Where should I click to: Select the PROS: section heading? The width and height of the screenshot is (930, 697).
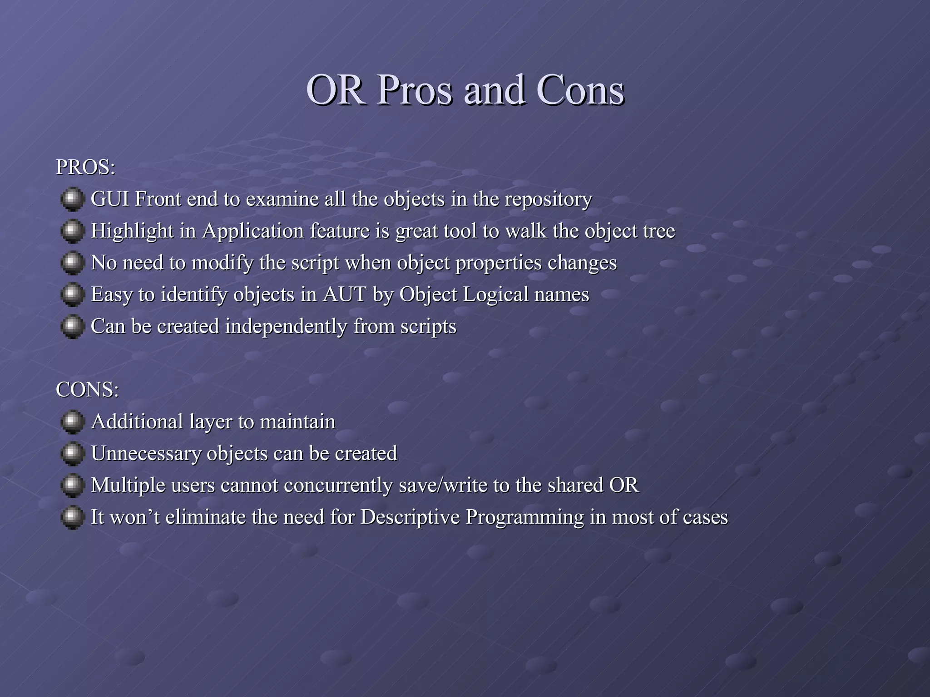pos(85,167)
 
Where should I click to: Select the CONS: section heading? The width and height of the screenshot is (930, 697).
pos(87,390)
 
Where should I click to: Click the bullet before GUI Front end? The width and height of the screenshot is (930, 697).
pos(72,200)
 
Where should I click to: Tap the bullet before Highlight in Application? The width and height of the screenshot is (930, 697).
pos(72,231)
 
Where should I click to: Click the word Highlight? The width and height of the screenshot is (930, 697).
pos(132,231)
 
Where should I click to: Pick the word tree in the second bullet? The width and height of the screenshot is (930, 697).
pos(659,231)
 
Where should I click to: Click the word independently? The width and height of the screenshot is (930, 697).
pos(286,327)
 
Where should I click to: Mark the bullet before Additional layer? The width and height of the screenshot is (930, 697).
pos(72,422)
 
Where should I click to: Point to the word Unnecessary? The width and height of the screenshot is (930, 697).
pos(146,454)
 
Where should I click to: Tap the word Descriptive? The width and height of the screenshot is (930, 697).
pos(410,517)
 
